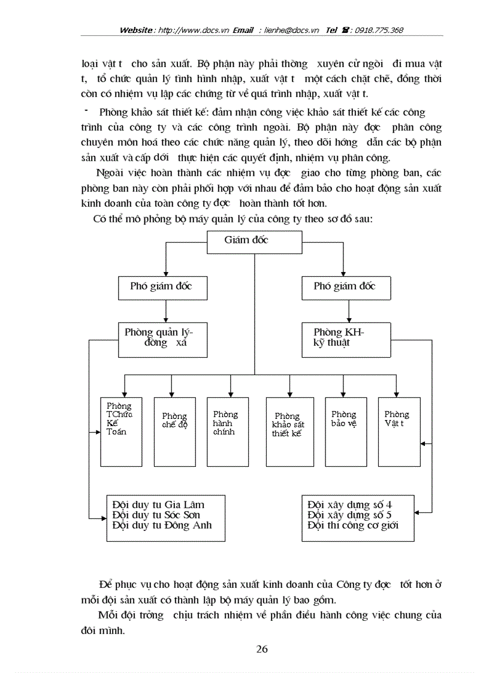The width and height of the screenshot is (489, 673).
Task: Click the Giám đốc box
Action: pos(253,241)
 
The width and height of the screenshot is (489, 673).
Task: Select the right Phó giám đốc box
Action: pos(346,287)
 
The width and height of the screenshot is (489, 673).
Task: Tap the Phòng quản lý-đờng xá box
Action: pos(163,339)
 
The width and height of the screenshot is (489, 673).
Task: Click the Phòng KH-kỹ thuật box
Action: pos(346,339)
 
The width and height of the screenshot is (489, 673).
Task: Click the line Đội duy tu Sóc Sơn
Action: pos(156,515)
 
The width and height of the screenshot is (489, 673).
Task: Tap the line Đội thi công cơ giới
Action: pos(352,526)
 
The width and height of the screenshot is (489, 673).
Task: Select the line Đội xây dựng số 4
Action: pos(349,504)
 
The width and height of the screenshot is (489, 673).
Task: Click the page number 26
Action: pos(262,649)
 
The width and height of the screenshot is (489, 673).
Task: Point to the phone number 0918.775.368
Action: pos(380,30)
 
